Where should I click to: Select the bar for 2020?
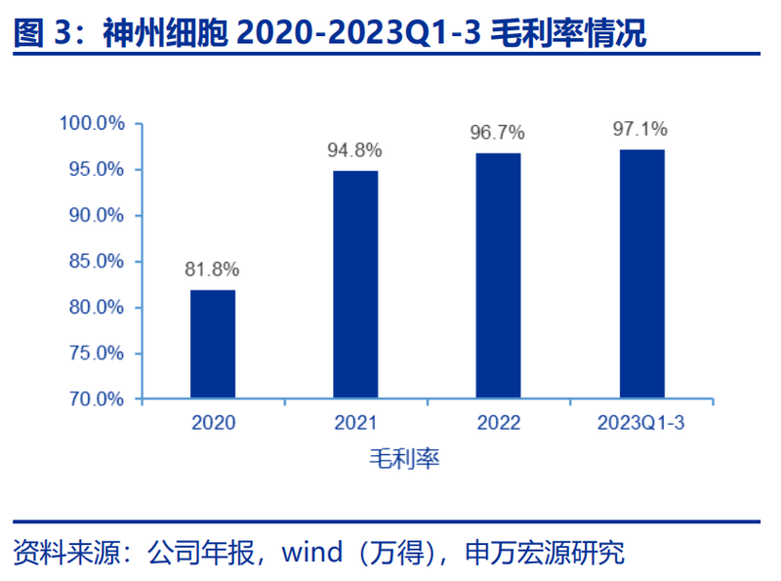click(213, 345)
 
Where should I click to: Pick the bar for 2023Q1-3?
click(640, 274)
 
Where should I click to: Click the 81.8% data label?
click(213, 270)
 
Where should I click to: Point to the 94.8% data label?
click(355, 150)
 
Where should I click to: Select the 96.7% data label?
click(498, 132)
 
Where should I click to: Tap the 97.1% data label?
click(640, 128)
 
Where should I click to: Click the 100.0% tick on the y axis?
click(92, 124)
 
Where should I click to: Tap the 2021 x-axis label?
click(355, 424)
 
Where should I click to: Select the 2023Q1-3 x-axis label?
click(640, 424)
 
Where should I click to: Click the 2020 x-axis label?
click(213, 424)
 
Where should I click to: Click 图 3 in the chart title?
click(43, 34)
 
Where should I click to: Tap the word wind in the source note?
click(312, 554)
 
